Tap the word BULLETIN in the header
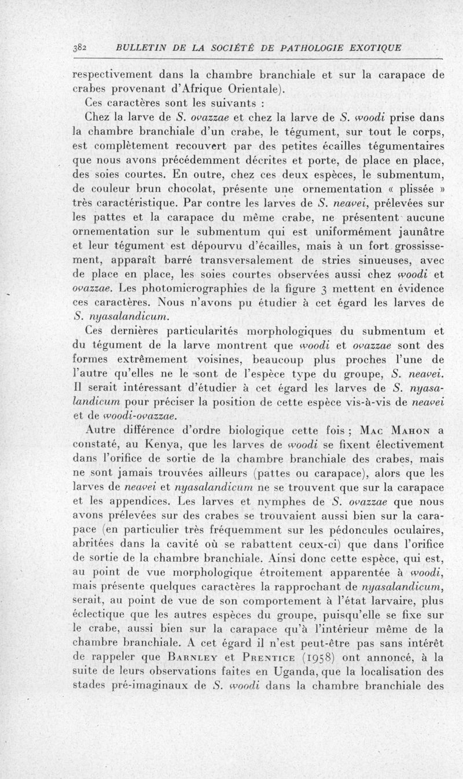pyautogui.click(x=139, y=47)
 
